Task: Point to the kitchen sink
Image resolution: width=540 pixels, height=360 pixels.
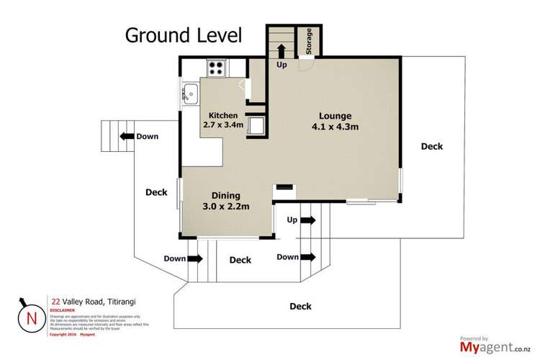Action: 191,92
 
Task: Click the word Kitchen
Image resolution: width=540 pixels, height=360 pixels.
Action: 223,115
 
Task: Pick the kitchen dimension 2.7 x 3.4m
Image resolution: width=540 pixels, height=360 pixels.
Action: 223,126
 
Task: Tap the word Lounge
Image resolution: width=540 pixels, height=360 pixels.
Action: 336,115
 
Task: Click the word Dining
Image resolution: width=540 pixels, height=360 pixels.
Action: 225,195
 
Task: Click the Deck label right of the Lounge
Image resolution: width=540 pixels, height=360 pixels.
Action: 432,146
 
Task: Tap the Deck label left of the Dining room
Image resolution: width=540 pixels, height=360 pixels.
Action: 156,192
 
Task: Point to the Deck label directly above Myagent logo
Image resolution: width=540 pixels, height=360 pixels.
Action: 300,306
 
